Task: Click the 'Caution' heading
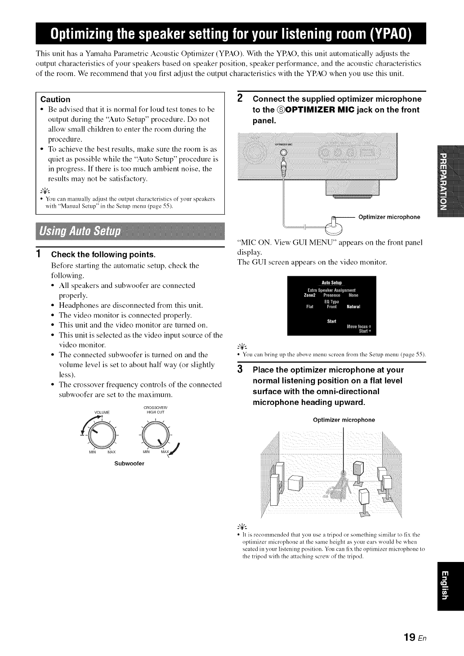[55, 99]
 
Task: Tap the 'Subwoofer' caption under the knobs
[129, 463]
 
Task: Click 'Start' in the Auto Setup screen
[332, 321]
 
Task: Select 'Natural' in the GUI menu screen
[353, 307]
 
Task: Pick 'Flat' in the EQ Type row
[310, 307]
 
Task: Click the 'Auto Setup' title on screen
[332, 283]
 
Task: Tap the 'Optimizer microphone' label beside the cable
[389, 217]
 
